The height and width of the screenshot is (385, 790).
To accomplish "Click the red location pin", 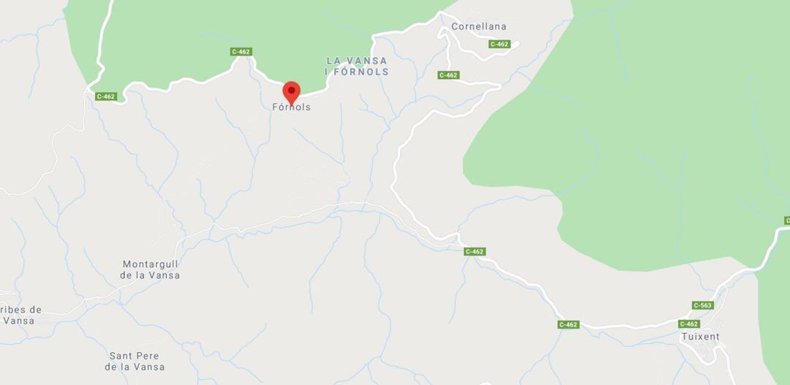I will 292,92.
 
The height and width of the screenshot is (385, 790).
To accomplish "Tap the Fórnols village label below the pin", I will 291,107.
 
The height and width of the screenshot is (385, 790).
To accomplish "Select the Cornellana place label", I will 478,26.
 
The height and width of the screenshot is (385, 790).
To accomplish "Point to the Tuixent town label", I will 700,337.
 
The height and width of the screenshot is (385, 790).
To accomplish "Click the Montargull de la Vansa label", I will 150,269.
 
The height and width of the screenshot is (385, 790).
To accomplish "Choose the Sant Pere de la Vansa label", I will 135,361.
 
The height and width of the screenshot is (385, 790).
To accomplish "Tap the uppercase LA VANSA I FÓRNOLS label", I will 357,66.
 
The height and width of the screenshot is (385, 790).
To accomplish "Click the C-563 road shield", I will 702,305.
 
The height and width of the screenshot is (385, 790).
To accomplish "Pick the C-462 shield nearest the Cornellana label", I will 499,44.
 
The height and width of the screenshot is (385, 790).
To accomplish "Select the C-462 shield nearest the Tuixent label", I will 688,324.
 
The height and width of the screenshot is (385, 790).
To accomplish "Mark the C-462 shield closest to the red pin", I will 241,51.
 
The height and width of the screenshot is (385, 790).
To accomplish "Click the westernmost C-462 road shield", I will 105,96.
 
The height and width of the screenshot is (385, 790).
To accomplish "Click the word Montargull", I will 150,264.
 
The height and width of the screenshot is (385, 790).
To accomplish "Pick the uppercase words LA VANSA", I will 358,60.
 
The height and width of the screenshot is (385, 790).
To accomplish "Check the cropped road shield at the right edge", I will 786,220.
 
